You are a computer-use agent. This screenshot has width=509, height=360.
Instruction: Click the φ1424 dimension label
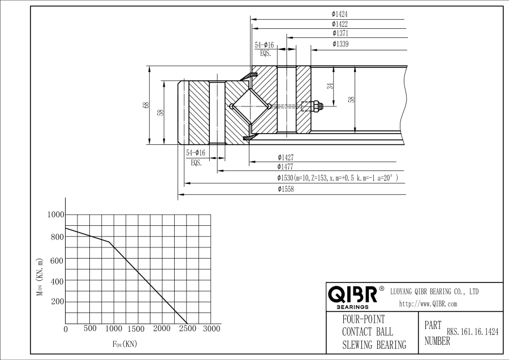point(339,14)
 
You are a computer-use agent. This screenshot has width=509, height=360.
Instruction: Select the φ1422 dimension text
point(339,24)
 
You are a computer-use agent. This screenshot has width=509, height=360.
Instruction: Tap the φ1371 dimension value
point(339,34)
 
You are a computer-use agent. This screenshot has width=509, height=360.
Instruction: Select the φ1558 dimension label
point(285,190)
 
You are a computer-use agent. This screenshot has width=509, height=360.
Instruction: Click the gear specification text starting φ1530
point(337,178)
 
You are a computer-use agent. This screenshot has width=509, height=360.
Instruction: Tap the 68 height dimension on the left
point(145,105)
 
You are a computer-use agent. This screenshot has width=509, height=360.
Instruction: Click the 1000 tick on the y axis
point(57,215)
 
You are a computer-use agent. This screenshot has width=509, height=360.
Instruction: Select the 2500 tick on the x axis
point(187,329)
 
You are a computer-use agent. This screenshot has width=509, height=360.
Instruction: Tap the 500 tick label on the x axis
point(90,329)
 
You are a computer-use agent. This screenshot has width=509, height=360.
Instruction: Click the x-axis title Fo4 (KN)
point(124,343)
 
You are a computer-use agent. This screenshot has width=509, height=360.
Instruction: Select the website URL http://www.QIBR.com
point(428,304)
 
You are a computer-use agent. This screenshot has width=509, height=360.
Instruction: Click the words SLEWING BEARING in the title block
point(374,345)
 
